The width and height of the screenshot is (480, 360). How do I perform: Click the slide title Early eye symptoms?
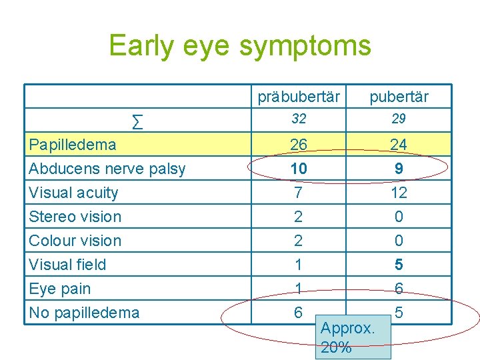(239, 46)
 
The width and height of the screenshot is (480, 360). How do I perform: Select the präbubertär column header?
(299, 97)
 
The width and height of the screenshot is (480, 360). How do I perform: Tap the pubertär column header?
(399, 97)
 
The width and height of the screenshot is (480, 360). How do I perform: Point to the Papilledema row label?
(73, 145)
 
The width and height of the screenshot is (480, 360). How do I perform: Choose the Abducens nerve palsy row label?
(107, 169)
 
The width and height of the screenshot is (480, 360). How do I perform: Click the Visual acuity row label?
(74, 193)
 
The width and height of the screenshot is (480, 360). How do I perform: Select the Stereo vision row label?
(75, 217)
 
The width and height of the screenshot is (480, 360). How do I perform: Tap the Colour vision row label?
(75, 241)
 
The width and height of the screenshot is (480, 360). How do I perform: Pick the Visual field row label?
(67, 265)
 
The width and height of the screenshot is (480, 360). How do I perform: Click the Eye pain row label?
(60, 289)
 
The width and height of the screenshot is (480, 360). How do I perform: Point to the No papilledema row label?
(84, 313)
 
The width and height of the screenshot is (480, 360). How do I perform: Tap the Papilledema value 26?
(299, 145)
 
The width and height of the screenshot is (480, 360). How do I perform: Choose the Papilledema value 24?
(399, 145)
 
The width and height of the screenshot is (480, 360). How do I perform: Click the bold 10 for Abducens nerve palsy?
(299, 169)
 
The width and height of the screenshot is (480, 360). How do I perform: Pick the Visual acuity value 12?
(399, 193)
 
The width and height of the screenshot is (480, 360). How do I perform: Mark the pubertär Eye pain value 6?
(399, 289)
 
